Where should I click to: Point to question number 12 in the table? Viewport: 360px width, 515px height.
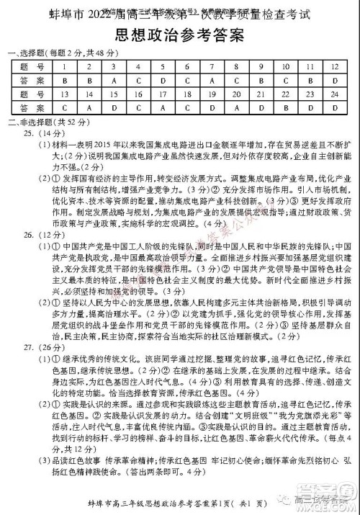coord(335,67)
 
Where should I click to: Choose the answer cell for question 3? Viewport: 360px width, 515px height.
coord(114,81)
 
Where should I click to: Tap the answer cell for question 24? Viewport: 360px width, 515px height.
coord(335,108)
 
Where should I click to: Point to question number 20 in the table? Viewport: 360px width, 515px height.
coord(237,94)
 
